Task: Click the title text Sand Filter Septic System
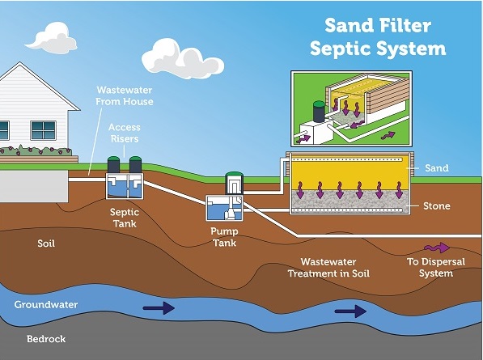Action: click(x=378, y=37)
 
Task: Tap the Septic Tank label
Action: click(x=125, y=218)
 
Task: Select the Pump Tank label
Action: click(x=225, y=237)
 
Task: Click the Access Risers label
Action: click(x=125, y=133)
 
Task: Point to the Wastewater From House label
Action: click(x=125, y=95)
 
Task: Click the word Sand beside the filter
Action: click(x=437, y=168)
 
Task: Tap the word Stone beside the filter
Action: click(x=437, y=206)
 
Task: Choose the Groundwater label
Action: click(x=46, y=304)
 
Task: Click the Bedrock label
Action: click(x=46, y=339)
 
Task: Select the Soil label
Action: click(x=46, y=244)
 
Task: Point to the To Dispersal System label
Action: click(x=436, y=268)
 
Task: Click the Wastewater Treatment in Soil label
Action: click(x=328, y=268)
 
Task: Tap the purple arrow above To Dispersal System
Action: click(x=437, y=248)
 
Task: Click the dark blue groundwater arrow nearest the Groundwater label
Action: click(x=159, y=308)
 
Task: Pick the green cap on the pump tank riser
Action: click(x=234, y=175)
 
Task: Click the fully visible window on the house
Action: click(x=44, y=130)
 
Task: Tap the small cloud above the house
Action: click(x=52, y=39)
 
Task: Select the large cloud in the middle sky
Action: click(x=183, y=58)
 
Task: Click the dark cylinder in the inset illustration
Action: click(x=319, y=112)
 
